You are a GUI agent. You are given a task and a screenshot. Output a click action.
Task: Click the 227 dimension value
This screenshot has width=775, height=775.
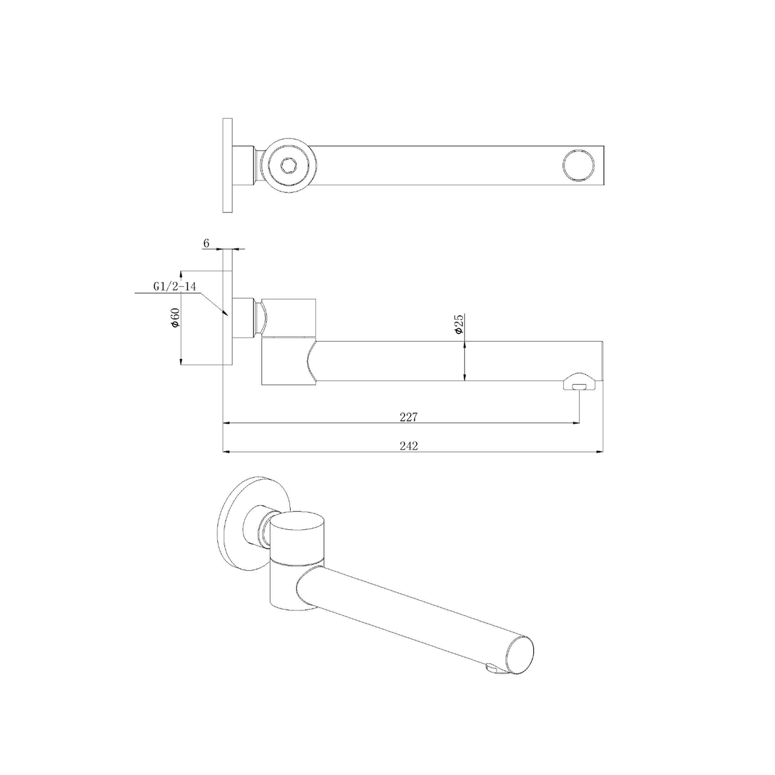click(x=409, y=417)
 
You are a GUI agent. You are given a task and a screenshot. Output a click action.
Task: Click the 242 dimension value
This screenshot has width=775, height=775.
click(x=409, y=446)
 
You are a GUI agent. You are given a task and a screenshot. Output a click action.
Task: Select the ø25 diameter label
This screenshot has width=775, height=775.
click(x=458, y=325)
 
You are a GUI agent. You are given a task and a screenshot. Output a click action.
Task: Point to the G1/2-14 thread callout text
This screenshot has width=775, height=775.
click(x=174, y=287)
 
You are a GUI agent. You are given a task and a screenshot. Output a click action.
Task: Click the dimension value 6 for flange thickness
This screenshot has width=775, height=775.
click(x=206, y=243)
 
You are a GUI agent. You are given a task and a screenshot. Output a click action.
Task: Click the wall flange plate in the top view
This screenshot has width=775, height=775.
click(x=227, y=165)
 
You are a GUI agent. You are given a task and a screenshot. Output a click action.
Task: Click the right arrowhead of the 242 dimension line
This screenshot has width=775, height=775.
click(x=600, y=452)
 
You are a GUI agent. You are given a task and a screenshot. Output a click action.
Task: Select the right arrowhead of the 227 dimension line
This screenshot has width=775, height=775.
click(x=576, y=423)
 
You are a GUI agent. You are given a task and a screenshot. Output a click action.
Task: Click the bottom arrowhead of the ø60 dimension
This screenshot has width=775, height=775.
click(x=181, y=361)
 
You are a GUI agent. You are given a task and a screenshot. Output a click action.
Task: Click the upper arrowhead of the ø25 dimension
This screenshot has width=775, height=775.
click(x=464, y=344)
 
